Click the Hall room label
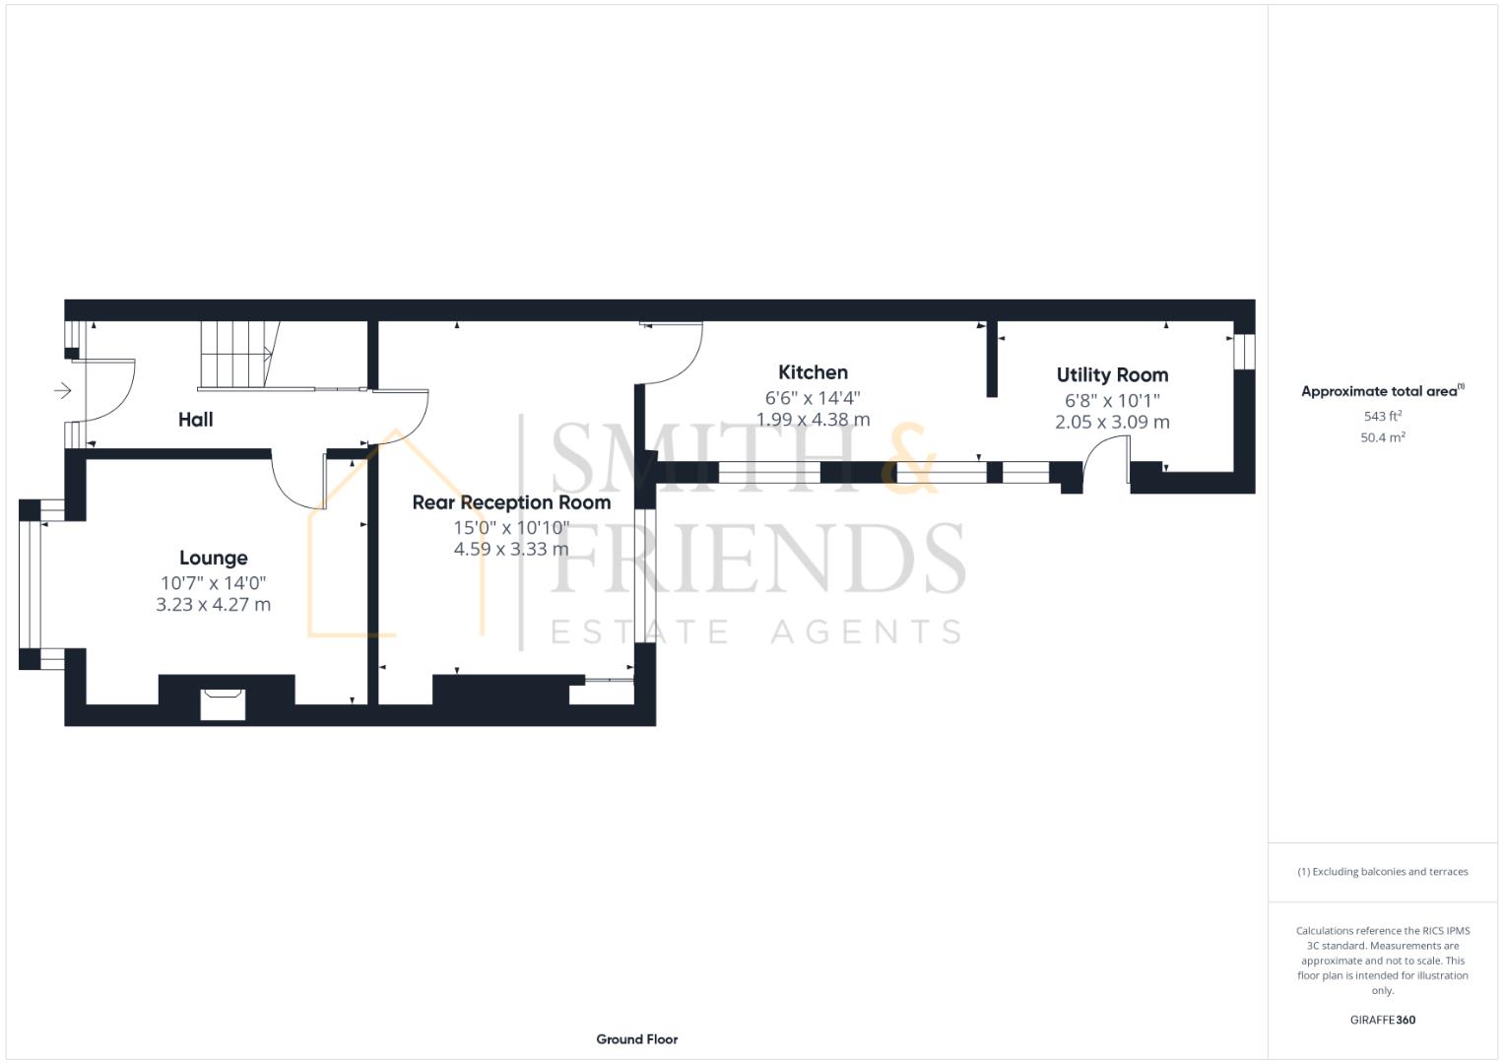[x=195, y=420]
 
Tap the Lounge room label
[x=213, y=559]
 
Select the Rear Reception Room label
[x=511, y=502]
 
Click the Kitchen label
[x=813, y=372]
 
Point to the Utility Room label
[x=1112, y=375]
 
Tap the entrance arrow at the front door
[x=63, y=391]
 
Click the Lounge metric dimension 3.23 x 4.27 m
[x=213, y=605]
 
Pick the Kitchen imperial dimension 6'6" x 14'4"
[x=813, y=398]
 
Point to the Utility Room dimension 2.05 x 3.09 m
[x=1112, y=423]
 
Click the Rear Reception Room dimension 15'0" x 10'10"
[x=511, y=528]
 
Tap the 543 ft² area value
[x=1382, y=417]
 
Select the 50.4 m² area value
[x=1382, y=437]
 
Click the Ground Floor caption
[x=636, y=1039]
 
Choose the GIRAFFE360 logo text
[x=1382, y=1020]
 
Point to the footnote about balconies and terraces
[x=1382, y=872]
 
